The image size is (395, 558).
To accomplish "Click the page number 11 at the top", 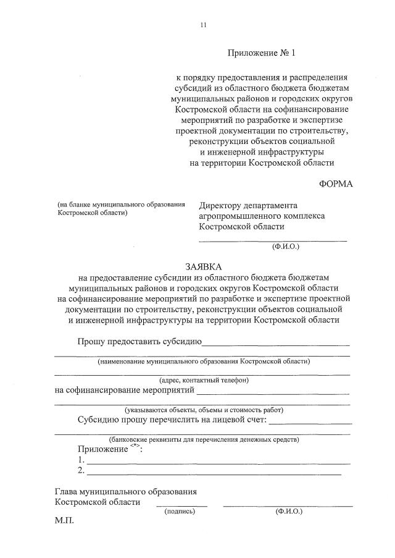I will click(203, 25).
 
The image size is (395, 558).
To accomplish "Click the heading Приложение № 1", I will click(262, 53).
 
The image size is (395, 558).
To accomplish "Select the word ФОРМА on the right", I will click(336, 184).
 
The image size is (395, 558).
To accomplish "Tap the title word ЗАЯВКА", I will click(203, 266).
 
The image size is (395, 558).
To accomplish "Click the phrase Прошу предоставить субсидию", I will click(139, 342).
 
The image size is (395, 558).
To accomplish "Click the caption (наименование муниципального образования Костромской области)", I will click(203, 361).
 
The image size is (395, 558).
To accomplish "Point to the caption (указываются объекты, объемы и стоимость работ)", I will click(203, 410).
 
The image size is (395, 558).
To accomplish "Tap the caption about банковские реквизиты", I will click(203, 439).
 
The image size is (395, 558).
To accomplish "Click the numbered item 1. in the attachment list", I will click(81, 460).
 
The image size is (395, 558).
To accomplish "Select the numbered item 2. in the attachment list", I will click(81, 471).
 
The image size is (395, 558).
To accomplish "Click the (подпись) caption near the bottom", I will click(180, 512).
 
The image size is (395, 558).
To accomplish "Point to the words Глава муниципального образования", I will click(125, 492).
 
